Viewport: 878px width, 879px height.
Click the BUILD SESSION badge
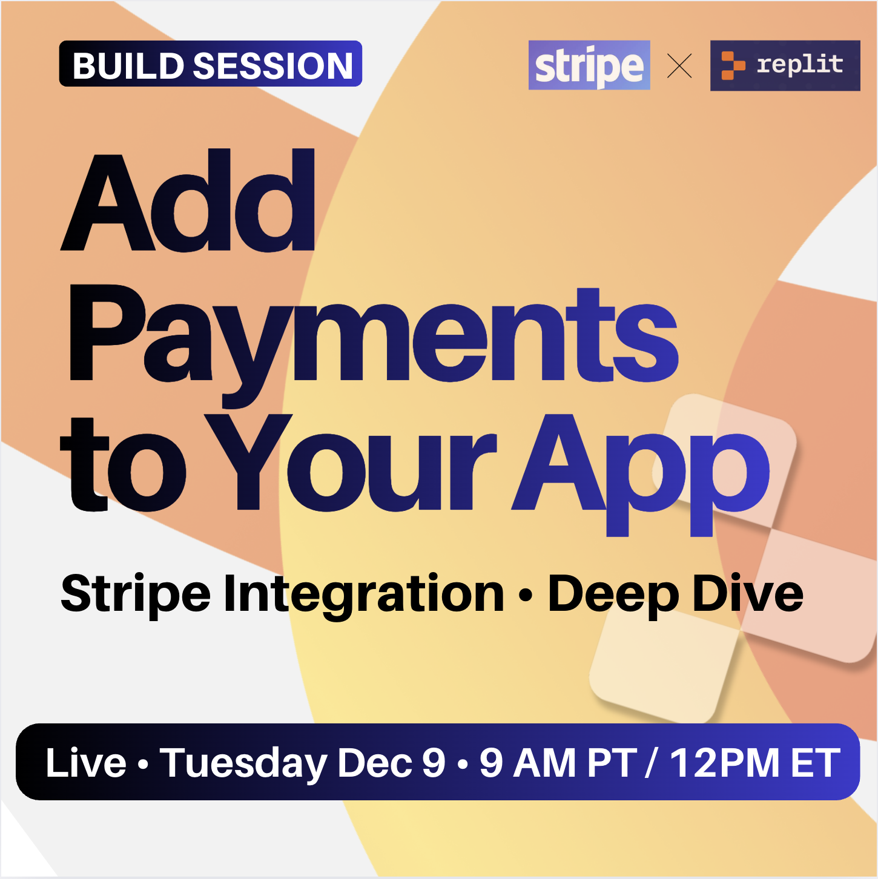(x=210, y=64)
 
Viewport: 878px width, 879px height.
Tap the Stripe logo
(x=589, y=65)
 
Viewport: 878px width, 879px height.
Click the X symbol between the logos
(x=679, y=66)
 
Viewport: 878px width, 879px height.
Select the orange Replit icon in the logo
(x=733, y=65)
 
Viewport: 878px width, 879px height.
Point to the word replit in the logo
(x=800, y=64)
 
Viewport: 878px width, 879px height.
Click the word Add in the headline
(x=188, y=200)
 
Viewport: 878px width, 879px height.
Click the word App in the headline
(x=641, y=475)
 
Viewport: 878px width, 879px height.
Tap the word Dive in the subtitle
(x=747, y=592)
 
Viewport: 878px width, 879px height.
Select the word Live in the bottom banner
(x=86, y=763)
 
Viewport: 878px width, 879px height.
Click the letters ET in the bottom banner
(x=816, y=763)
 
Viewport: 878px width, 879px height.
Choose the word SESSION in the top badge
(x=273, y=66)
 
